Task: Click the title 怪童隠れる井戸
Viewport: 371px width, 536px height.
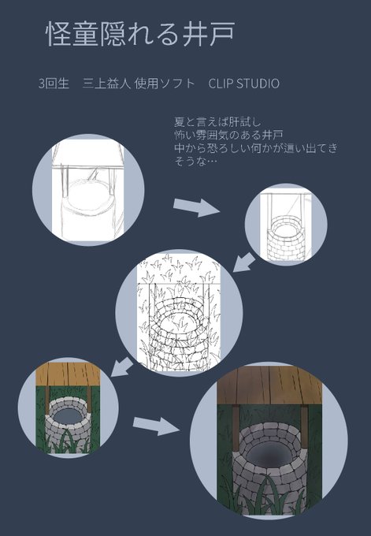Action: pos(140,34)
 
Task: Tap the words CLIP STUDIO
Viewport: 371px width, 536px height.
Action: pos(243,84)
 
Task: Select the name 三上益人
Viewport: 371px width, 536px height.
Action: pos(106,84)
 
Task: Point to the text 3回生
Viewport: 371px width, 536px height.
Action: pos(54,84)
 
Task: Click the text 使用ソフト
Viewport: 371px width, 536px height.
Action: pos(165,84)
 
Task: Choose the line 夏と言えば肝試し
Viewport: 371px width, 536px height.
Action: pos(217,122)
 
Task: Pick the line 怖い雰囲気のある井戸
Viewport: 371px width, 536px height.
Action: pos(228,135)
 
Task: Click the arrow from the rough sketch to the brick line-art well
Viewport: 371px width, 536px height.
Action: pos(196,207)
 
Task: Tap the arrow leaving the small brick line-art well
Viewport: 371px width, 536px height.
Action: pos(244,262)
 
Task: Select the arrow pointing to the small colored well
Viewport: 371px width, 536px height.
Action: pos(122,367)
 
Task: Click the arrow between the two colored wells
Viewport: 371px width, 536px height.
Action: pos(156,426)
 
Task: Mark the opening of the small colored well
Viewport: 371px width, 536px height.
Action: pos(69,415)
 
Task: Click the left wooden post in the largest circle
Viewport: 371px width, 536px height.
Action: pos(236,427)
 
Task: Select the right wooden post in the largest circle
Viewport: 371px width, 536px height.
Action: pos(304,426)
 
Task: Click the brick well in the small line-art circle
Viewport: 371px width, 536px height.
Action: pos(286,237)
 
